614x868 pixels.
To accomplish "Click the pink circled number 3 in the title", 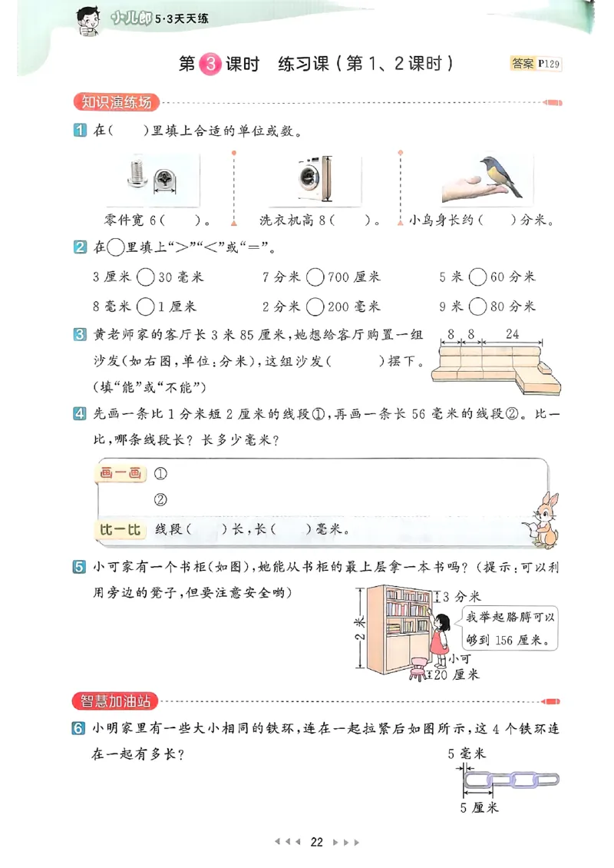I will [x=210, y=65].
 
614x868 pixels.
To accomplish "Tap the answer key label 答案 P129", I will [x=536, y=65].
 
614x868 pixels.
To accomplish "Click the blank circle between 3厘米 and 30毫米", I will [x=146, y=277].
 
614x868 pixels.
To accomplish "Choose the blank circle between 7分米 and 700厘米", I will [x=315, y=277].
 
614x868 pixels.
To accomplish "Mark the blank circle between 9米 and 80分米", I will [x=477, y=306].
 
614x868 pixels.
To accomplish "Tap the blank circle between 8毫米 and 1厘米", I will [x=146, y=306].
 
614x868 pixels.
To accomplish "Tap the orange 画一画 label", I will [x=120, y=473].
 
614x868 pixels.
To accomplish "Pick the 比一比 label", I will [x=120, y=529].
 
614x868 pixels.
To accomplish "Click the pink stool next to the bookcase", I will [x=418, y=668].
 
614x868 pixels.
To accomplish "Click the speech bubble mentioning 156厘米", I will [x=510, y=628].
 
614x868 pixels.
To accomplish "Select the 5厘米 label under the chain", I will [x=479, y=807].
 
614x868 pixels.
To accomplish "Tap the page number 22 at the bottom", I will [x=317, y=842].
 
